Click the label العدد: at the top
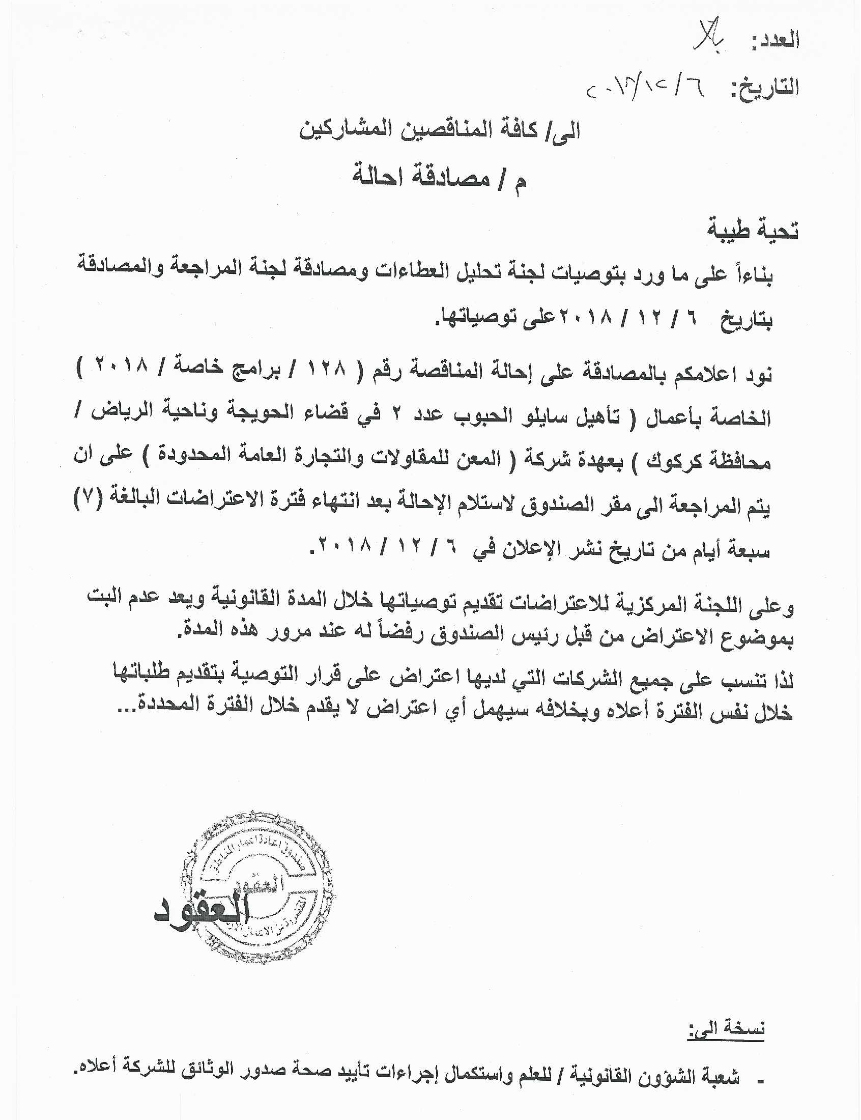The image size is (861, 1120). (776, 41)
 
